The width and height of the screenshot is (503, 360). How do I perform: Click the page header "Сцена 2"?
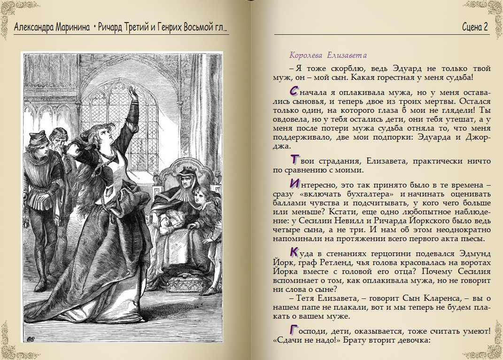[475, 27]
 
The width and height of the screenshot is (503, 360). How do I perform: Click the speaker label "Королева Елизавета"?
[328, 55]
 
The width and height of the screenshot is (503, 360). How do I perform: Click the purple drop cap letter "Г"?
[294, 329]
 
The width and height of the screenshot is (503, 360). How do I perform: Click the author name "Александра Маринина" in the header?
[52, 27]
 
